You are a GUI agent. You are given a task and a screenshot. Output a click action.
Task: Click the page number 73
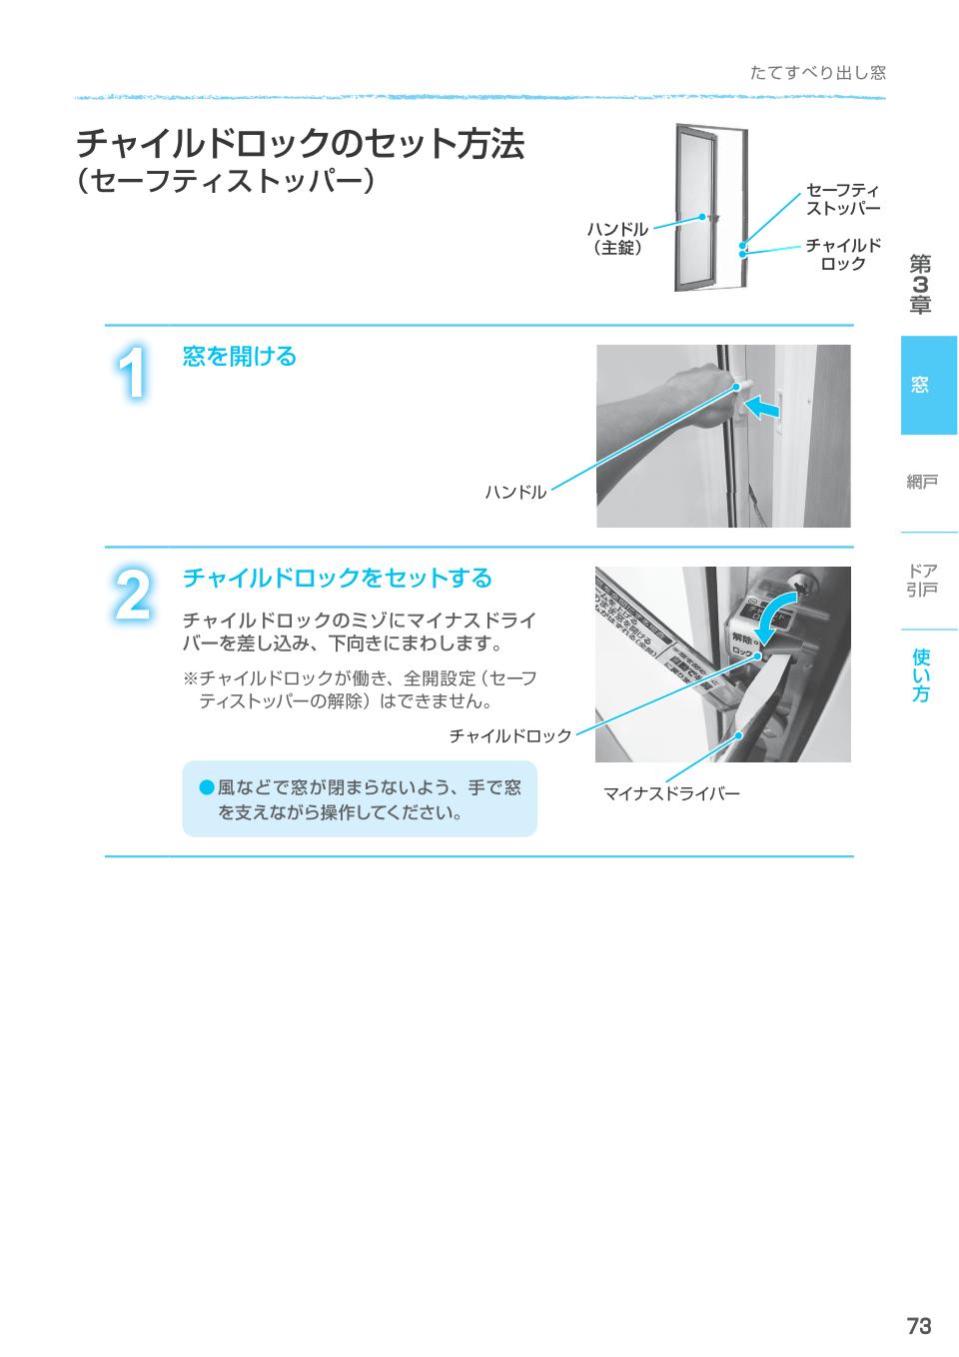coord(918,1325)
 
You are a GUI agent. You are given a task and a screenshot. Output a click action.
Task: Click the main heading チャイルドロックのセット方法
coord(300,144)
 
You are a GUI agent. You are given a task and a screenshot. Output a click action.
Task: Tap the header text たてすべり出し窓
coord(817,73)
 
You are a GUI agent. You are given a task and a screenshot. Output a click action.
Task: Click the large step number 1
coord(133,374)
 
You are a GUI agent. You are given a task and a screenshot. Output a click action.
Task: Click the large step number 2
coord(133,594)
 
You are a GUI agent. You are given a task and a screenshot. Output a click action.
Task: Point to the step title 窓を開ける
coord(240,357)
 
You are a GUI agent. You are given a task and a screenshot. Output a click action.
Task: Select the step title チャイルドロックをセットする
coord(337,578)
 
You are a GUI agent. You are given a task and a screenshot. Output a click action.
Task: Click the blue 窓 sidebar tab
coord(928,385)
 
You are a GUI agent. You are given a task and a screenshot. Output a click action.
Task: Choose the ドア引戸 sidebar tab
coord(921,581)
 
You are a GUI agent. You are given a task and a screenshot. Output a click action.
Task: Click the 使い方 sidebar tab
coord(920,675)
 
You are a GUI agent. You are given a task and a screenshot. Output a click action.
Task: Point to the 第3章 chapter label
coord(919,285)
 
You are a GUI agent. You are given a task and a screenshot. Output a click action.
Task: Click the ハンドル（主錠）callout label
coord(617,238)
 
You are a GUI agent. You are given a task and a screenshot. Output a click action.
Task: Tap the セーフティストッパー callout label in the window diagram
coord(842,199)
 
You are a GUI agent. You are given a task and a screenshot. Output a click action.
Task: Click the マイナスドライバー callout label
coord(671,794)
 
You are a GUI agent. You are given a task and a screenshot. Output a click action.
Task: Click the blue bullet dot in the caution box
coord(207,788)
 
